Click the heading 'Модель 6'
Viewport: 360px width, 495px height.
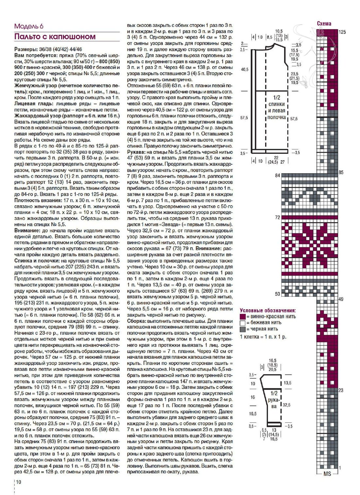[x=29, y=27]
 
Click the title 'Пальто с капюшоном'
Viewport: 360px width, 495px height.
[x=55, y=37]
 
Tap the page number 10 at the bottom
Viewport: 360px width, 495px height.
[x=19, y=482]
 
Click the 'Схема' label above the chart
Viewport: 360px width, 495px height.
[x=324, y=24]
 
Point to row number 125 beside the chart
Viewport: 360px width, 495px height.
[x=342, y=32]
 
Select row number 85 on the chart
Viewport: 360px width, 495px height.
[x=341, y=172]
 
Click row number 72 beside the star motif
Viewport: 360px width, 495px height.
[x=278, y=217]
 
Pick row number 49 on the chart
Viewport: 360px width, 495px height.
[x=341, y=299]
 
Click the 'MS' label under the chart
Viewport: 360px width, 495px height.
[x=327, y=474]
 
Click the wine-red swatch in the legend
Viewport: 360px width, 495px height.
[x=243, y=317]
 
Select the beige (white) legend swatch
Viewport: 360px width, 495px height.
[x=243, y=323]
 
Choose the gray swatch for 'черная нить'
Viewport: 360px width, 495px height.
[x=243, y=329]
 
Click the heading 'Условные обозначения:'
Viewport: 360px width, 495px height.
[x=268, y=310]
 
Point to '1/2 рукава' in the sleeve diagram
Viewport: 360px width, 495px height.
[x=274, y=400]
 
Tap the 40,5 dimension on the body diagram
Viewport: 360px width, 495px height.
[x=244, y=69]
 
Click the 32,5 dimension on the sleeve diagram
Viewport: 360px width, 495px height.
[x=287, y=405]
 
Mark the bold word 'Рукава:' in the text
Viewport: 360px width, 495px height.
[x=136, y=152]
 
